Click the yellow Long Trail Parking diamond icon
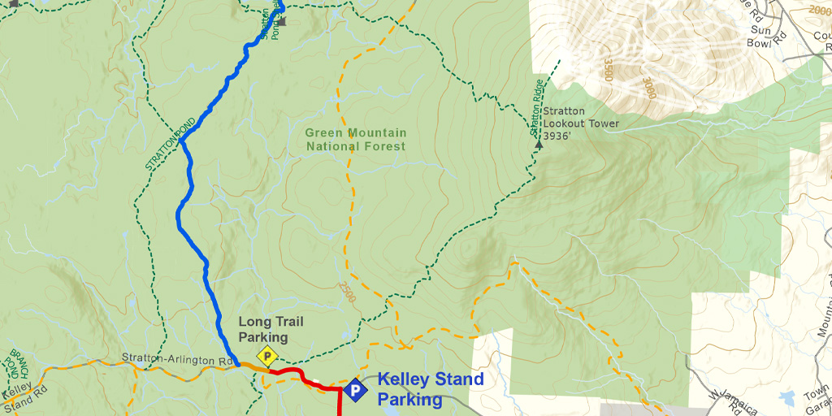pyautogui.click(x=266, y=356)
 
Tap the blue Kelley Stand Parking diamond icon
pyautogui.click(x=354, y=390)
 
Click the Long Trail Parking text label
pyautogui.click(x=263, y=329)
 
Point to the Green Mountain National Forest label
pyautogui.click(x=355, y=139)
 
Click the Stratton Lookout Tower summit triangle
pyautogui.click(x=539, y=144)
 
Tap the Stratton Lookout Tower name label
pyautogui.click(x=581, y=118)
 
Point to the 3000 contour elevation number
pyautogui.click(x=648, y=89)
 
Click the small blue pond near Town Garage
pyautogui.click(x=786, y=398)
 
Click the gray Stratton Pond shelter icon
pyautogui.click(x=282, y=21)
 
